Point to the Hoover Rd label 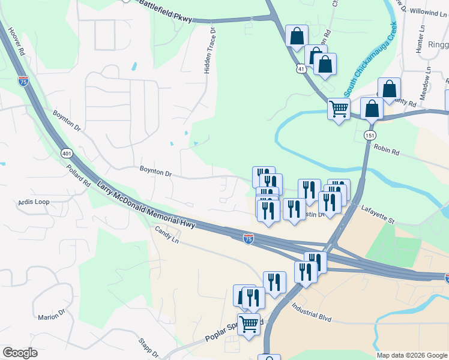(13, 43)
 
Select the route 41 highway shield (301, 70)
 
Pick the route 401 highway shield (66, 154)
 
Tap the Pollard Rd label (79, 174)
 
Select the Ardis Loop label (34, 202)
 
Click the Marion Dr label (52, 315)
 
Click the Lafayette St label (378, 214)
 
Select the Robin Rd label (386, 149)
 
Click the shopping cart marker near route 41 (339, 109)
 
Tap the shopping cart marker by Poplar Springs (249, 324)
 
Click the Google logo (20, 353)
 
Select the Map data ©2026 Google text (411, 355)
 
